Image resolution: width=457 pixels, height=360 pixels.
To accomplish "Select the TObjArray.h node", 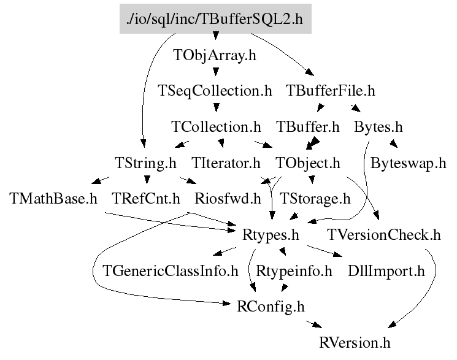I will coord(215,55).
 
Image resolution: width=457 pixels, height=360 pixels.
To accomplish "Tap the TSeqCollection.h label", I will coord(215,91).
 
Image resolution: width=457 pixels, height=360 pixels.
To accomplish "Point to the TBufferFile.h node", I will coord(331,91).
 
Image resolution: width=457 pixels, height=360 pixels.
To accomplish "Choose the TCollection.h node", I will coord(216,128).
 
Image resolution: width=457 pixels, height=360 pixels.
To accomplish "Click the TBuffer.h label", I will coord(308,128).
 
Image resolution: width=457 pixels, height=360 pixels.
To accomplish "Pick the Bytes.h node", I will coord(378,128).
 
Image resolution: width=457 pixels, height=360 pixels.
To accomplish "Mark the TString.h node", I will coord(145,164).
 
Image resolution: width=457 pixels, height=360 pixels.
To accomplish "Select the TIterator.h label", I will coord(226,164).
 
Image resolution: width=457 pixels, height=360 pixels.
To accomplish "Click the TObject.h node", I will coord(308,164).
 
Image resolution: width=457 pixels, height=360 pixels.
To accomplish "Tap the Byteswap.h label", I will coord(408,164).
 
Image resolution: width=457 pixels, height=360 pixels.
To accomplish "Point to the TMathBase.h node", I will coord(54,199).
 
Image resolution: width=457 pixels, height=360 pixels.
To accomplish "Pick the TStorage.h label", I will coord(315,199).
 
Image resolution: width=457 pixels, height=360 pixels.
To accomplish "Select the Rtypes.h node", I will coord(271,235).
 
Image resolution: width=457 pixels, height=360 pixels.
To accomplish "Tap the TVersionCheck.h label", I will coord(384,235).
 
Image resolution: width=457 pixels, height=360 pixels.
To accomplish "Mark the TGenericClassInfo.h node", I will coord(171,270).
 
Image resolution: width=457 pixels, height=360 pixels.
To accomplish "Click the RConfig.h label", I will coord(271,306).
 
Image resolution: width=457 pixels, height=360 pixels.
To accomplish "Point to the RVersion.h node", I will coord(355,342).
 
